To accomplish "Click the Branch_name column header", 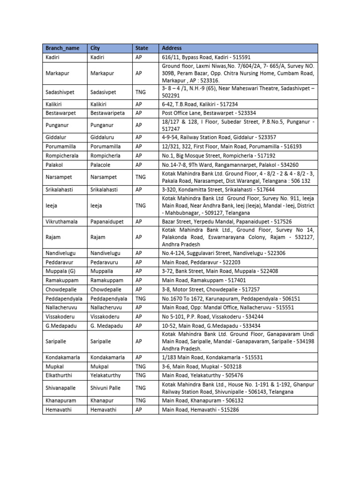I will [x=59, y=48].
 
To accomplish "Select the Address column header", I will [x=172, y=48].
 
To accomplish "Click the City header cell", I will [x=95, y=48].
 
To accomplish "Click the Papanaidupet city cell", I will [x=107, y=222].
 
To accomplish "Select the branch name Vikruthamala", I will [x=62, y=222].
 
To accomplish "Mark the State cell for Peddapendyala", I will [x=140, y=298].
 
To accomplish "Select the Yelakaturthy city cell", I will [x=106, y=375].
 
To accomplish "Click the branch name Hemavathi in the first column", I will [x=60, y=410].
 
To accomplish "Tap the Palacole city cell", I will [x=102, y=165].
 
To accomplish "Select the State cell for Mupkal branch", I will [x=140, y=366].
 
